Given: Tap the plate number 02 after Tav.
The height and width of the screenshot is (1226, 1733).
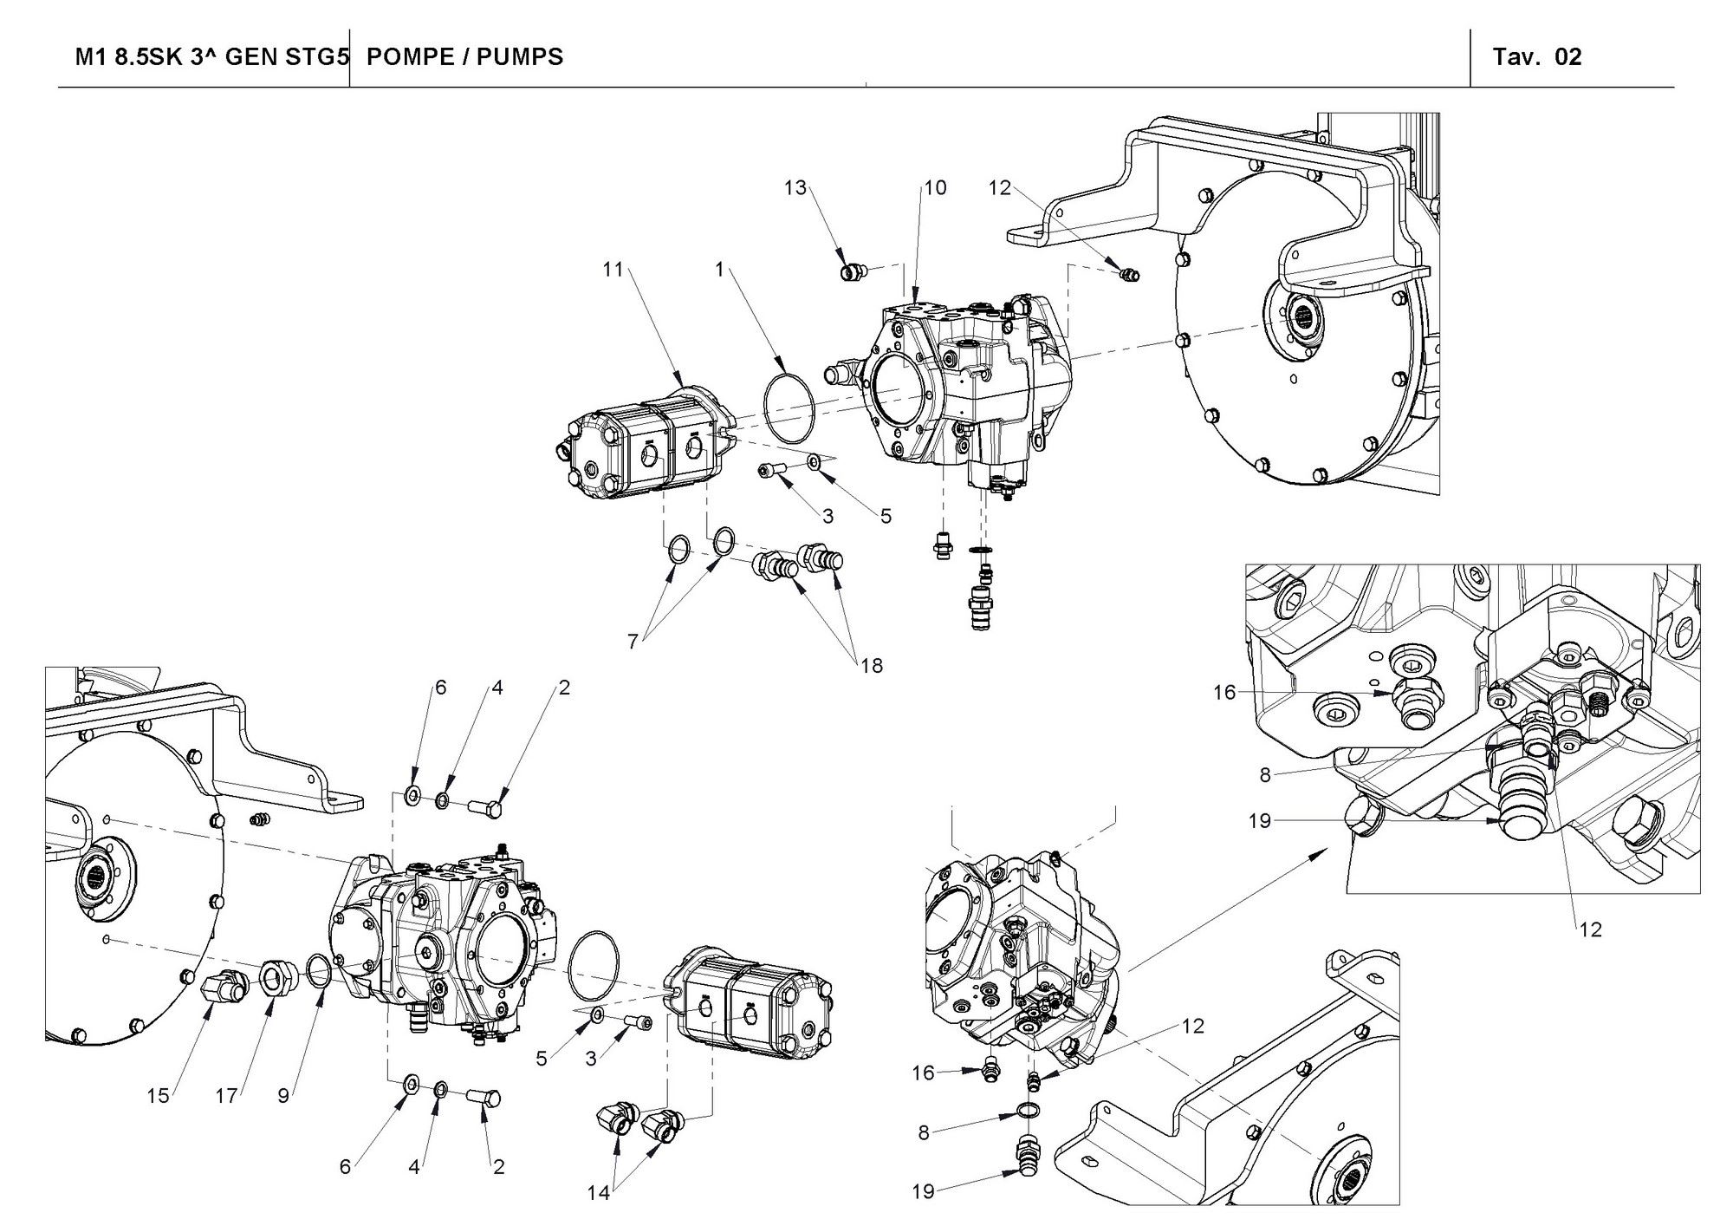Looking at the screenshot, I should pos(1568,57).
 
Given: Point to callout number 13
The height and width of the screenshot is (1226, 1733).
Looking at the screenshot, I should pos(795,188).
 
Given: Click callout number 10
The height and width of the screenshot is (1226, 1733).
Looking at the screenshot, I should pos(936,188).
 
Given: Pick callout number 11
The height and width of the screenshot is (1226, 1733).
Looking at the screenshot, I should pos(613,270).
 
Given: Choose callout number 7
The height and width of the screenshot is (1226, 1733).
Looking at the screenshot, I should pos(633,642).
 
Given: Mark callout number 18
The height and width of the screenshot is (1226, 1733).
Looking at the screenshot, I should pos(872,666).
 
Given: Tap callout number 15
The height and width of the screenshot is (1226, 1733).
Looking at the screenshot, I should pos(158,1096).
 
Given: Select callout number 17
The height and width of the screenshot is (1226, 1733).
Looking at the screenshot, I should pos(226,1096).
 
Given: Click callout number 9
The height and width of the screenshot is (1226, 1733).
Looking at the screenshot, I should pos(283,1096).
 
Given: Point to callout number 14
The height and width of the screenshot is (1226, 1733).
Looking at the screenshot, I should pos(599,1193).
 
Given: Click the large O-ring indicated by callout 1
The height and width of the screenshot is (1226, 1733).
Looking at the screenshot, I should pos(789,405).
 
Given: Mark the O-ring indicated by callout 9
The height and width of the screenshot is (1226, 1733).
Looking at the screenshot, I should pos(318,970).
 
